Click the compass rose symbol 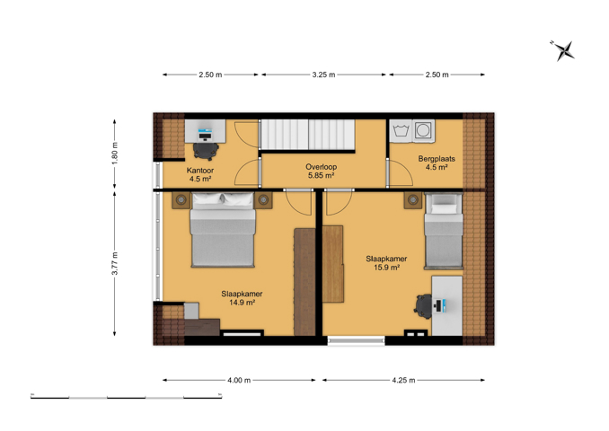click(563, 50)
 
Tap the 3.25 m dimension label click(323, 75)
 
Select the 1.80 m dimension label click(115, 153)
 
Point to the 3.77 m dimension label click(115, 263)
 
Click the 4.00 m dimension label click(239, 380)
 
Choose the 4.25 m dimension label click(403, 380)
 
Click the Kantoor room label click(200, 171)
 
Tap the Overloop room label click(322, 167)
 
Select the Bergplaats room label click(437, 158)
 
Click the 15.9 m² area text click(387, 268)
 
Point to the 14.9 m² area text click(242, 302)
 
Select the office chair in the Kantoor click(206, 151)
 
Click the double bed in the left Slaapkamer click(223, 230)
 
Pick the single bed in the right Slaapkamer click(444, 231)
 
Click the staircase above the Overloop click(307, 135)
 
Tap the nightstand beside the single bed click(413, 200)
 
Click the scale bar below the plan click(127, 397)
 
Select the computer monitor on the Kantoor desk click(205, 135)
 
